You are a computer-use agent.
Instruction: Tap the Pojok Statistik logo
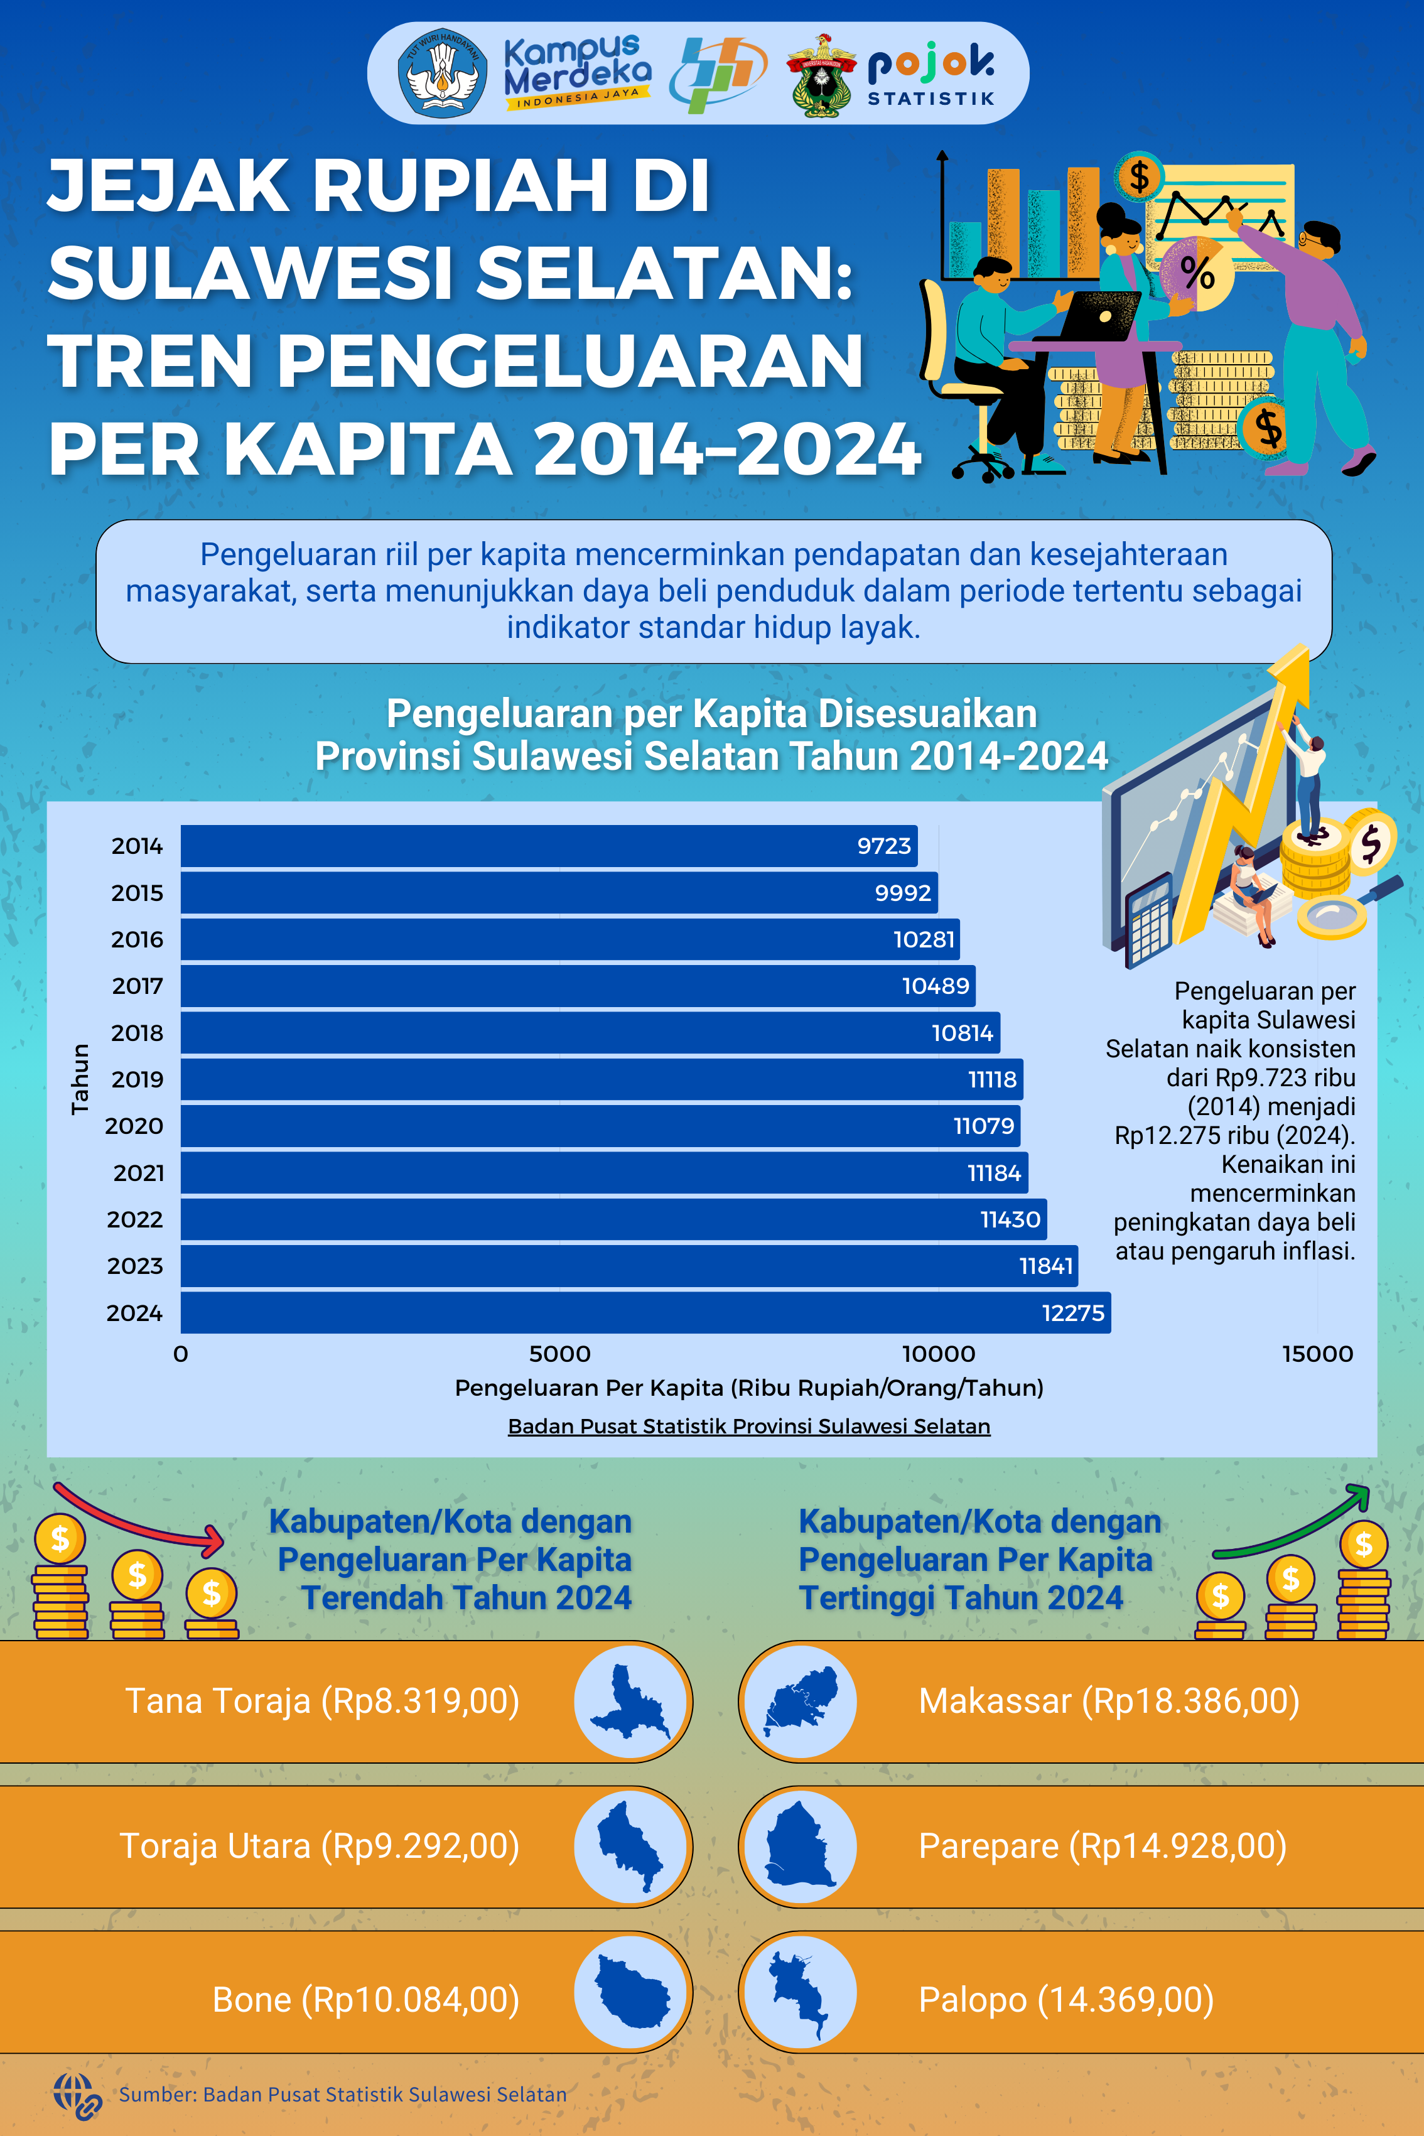(x=931, y=75)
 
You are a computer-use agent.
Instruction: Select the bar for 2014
(x=549, y=846)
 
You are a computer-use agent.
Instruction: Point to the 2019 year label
(x=137, y=1080)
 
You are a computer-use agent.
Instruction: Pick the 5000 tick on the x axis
(x=559, y=1354)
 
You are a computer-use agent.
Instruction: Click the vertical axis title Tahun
(x=81, y=1079)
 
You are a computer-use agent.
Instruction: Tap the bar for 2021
(x=604, y=1173)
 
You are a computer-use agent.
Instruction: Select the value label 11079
(x=983, y=1126)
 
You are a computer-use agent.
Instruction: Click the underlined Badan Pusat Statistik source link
(x=748, y=1426)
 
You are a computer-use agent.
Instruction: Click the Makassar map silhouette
(x=800, y=1701)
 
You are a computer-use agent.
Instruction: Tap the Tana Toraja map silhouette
(x=630, y=1701)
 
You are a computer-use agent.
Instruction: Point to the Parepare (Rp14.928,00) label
(x=1102, y=1847)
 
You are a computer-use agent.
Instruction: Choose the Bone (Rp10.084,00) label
(x=365, y=2000)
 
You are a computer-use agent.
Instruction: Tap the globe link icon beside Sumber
(x=77, y=2095)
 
